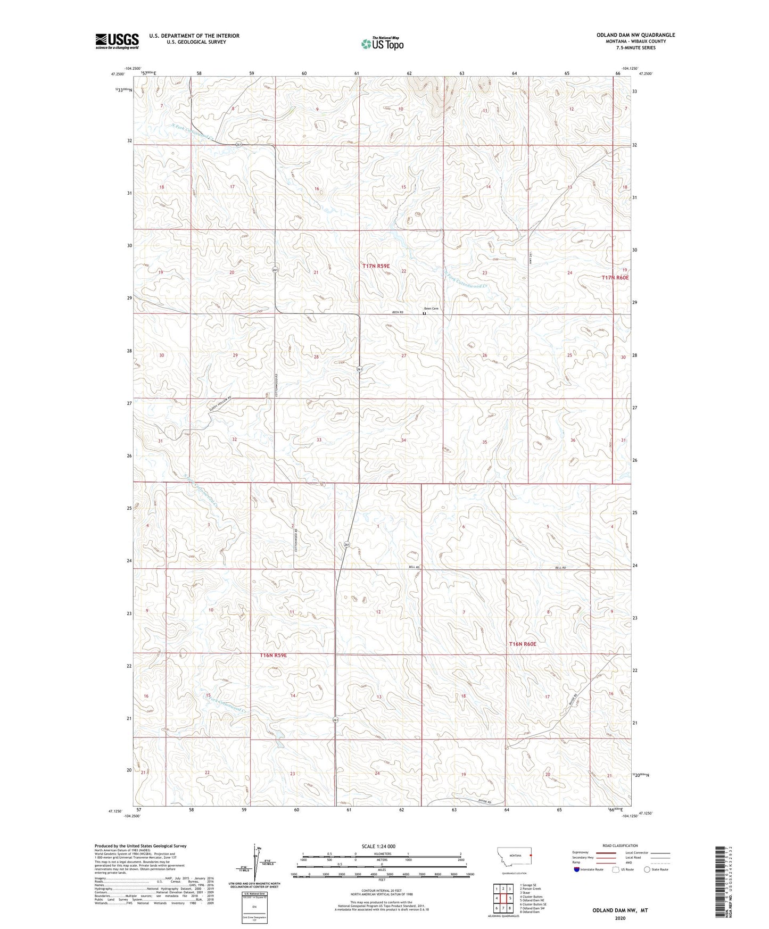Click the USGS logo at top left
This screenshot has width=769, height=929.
tap(117, 40)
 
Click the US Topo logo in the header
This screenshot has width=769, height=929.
tap(382, 44)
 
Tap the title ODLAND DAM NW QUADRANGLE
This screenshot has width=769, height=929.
tap(635, 35)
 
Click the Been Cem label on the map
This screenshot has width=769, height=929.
tap(431, 309)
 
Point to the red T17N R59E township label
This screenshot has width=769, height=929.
tap(376, 266)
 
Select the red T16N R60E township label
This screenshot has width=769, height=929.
tap(523, 644)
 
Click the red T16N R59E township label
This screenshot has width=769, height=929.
tap(274, 656)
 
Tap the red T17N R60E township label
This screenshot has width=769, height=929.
tap(615, 278)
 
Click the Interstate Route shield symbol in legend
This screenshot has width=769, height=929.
tap(577, 869)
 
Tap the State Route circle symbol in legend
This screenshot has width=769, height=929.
tap(647, 869)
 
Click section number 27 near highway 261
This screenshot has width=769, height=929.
tap(404, 355)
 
